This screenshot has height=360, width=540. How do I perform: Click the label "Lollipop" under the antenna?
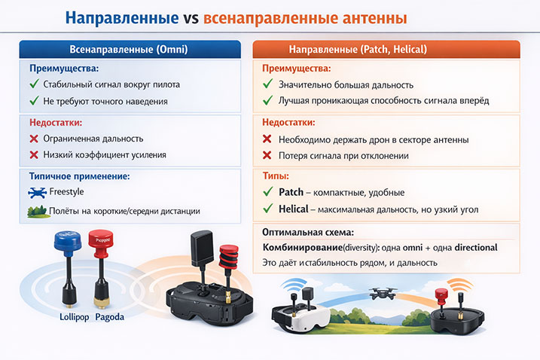(75, 317)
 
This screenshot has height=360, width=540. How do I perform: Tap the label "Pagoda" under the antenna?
(110, 317)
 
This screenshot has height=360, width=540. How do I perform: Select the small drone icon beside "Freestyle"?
(35, 193)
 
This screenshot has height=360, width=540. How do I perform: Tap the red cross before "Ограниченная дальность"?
(34, 139)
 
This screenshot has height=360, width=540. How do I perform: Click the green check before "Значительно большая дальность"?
(267, 84)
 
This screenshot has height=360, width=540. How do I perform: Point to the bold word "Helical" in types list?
(293, 209)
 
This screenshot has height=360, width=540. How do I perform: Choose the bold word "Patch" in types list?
(291, 192)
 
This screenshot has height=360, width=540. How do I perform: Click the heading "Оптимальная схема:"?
(307, 232)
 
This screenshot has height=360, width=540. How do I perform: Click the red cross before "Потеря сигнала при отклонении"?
(267, 155)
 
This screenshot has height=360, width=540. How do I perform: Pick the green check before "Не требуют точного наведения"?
(34, 101)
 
